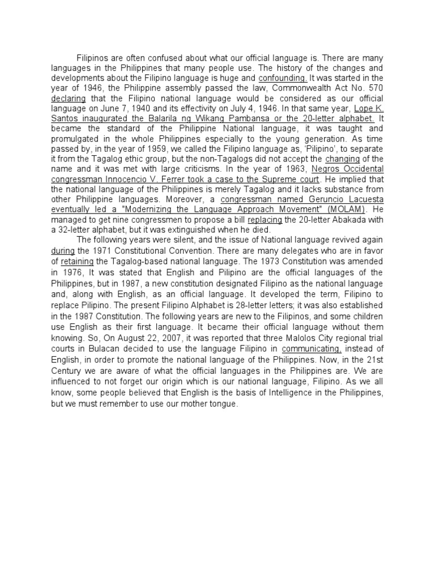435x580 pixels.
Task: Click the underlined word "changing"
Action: click(343, 159)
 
